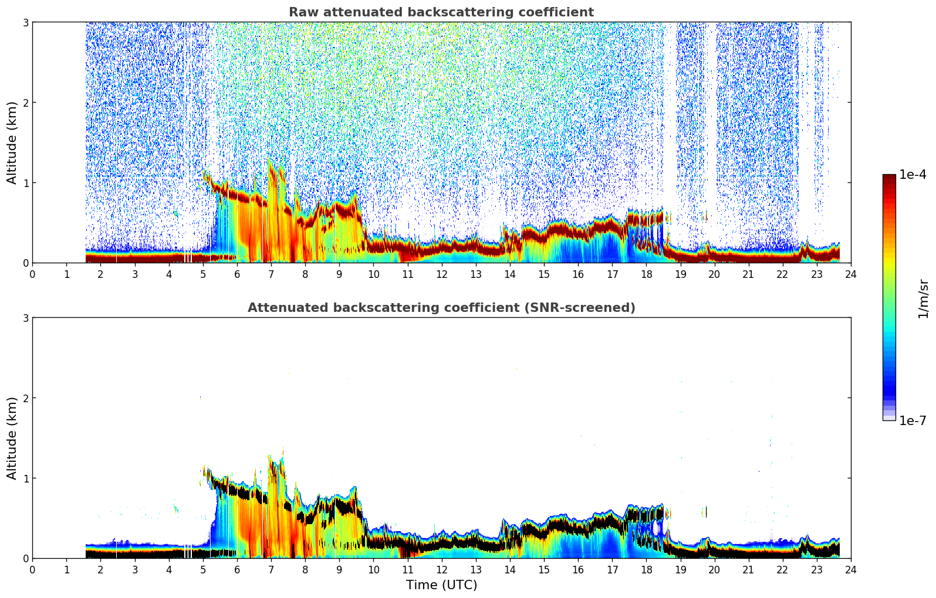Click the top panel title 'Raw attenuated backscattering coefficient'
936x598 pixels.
[441, 12]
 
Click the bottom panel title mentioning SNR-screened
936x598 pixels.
[441, 308]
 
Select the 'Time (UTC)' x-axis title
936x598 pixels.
[441, 585]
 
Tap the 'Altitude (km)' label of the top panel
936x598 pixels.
[12, 142]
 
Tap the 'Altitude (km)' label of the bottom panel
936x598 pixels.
[12, 438]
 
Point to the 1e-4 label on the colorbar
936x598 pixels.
[913, 175]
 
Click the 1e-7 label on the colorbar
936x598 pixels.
[913, 420]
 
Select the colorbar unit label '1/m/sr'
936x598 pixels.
[923, 298]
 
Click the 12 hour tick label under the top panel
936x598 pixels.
[441, 274]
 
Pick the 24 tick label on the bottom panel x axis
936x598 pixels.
[850, 569]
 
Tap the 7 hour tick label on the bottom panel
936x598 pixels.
[271, 569]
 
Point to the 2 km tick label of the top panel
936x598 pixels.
[25, 103]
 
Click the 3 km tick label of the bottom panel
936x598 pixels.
[25, 318]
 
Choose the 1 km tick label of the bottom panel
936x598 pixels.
[25, 478]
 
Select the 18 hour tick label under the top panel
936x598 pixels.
[646, 274]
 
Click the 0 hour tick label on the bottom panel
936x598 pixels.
[32, 569]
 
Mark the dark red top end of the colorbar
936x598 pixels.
[889, 177]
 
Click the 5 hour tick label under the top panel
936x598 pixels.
[203, 274]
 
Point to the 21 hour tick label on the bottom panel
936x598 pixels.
[748, 569]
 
